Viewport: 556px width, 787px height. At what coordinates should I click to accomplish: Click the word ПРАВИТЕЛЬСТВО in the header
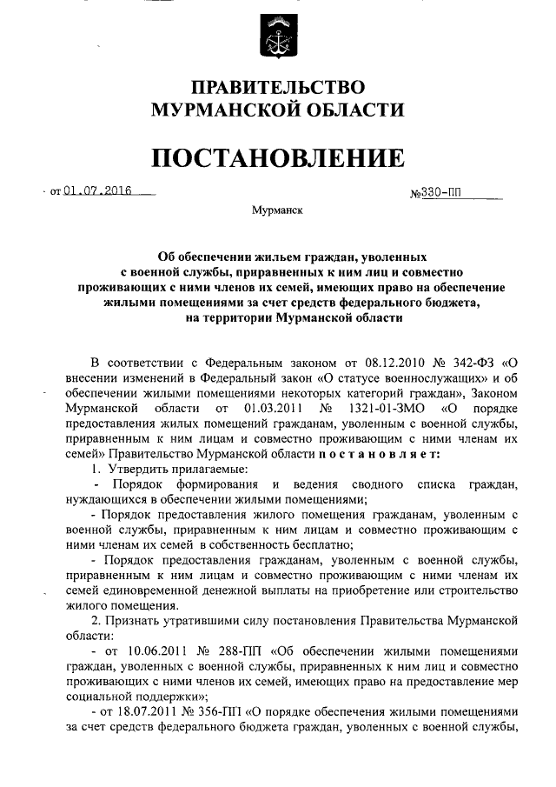[277, 88]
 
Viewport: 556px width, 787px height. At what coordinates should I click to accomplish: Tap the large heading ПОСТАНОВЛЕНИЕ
[278, 157]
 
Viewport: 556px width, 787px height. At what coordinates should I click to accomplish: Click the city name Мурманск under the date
[276, 211]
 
